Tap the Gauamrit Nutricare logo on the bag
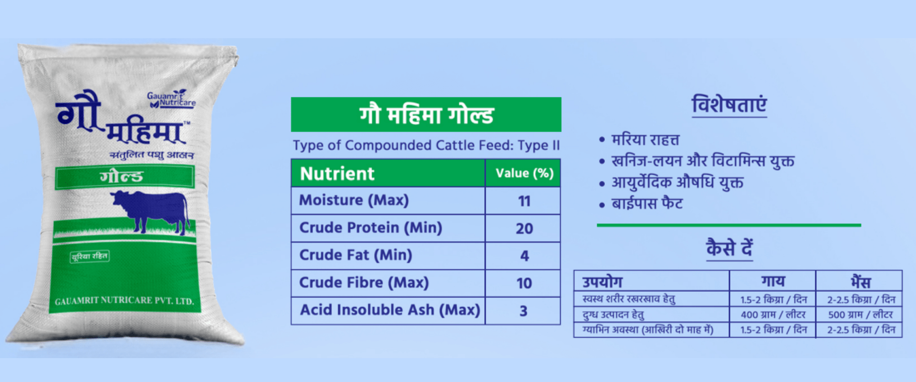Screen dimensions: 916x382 [x=171, y=99]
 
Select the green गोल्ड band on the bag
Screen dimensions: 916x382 [x=125, y=177]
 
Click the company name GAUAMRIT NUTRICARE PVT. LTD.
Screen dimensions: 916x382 [x=124, y=301]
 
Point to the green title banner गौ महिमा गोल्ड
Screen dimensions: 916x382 [x=426, y=115]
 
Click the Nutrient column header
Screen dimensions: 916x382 [x=337, y=173]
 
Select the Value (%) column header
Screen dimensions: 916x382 [x=524, y=173]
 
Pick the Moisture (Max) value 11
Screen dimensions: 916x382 [x=524, y=201]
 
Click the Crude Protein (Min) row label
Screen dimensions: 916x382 [x=371, y=228]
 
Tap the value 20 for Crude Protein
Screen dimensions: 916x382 [x=524, y=229]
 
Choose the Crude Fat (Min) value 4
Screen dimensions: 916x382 [x=524, y=256]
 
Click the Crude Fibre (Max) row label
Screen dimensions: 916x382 [x=364, y=283]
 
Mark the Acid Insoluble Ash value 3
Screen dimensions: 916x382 [x=523, y=311]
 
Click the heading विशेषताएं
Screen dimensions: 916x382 [x=729, y=105]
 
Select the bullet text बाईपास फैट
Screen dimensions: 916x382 [x=647, y=204]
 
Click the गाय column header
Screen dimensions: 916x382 [x=773, y=281]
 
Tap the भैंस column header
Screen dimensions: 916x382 [x=860, y=281]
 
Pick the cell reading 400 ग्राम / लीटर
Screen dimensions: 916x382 [x=773, y=315]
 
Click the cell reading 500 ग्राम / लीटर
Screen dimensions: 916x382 [x=860, y=315]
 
